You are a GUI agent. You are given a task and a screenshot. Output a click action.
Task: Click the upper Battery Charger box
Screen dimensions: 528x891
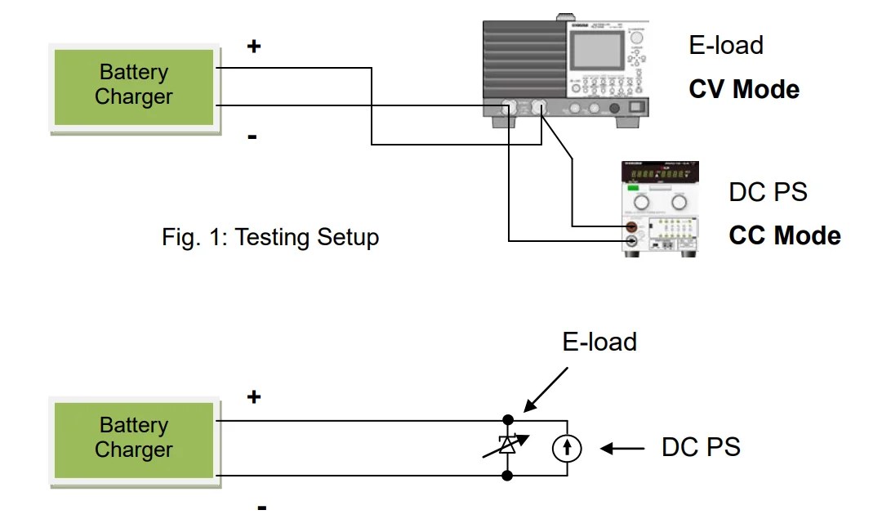point(134,87)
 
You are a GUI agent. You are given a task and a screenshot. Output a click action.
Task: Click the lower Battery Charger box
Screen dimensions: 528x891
point(134,440)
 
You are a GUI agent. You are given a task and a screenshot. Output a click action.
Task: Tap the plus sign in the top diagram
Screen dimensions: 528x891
point(254,46)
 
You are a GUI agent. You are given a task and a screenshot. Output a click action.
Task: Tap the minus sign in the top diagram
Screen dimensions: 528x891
point(252,136)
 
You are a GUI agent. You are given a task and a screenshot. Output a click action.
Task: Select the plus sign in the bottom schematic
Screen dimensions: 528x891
point(254,397)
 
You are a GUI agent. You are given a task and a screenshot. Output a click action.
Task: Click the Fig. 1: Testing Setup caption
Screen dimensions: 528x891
point(270,238)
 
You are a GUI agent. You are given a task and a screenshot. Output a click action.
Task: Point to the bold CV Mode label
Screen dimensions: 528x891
point(744,89)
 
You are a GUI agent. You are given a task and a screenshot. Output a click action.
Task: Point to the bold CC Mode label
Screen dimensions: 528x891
point(784,235)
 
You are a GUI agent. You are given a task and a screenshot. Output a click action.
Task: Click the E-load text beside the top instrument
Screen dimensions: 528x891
point(726,45)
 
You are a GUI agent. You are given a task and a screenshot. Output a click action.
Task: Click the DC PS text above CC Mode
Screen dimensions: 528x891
point(767,192)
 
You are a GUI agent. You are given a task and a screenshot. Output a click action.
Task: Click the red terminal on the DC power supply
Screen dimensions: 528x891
point(631,226)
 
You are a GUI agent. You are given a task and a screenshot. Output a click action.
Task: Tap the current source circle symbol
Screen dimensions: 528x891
point(567,448)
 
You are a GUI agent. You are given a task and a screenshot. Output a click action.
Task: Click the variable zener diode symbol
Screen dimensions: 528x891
point(507,445)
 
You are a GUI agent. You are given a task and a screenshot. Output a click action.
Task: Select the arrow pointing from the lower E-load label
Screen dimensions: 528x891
point(547,388)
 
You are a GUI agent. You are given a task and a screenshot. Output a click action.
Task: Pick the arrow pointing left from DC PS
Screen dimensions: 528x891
point(623,448)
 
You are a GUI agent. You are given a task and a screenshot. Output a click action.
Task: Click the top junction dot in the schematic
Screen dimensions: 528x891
point(507,420)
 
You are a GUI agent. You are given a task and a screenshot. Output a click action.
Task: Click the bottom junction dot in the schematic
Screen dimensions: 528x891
point(507,475)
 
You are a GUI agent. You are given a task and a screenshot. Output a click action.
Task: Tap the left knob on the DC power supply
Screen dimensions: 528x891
point(641,201)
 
